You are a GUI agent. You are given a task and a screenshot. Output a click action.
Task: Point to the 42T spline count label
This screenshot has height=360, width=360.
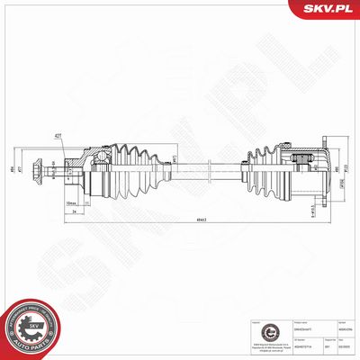58,135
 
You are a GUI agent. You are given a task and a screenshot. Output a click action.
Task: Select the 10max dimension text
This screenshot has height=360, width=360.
71,204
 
